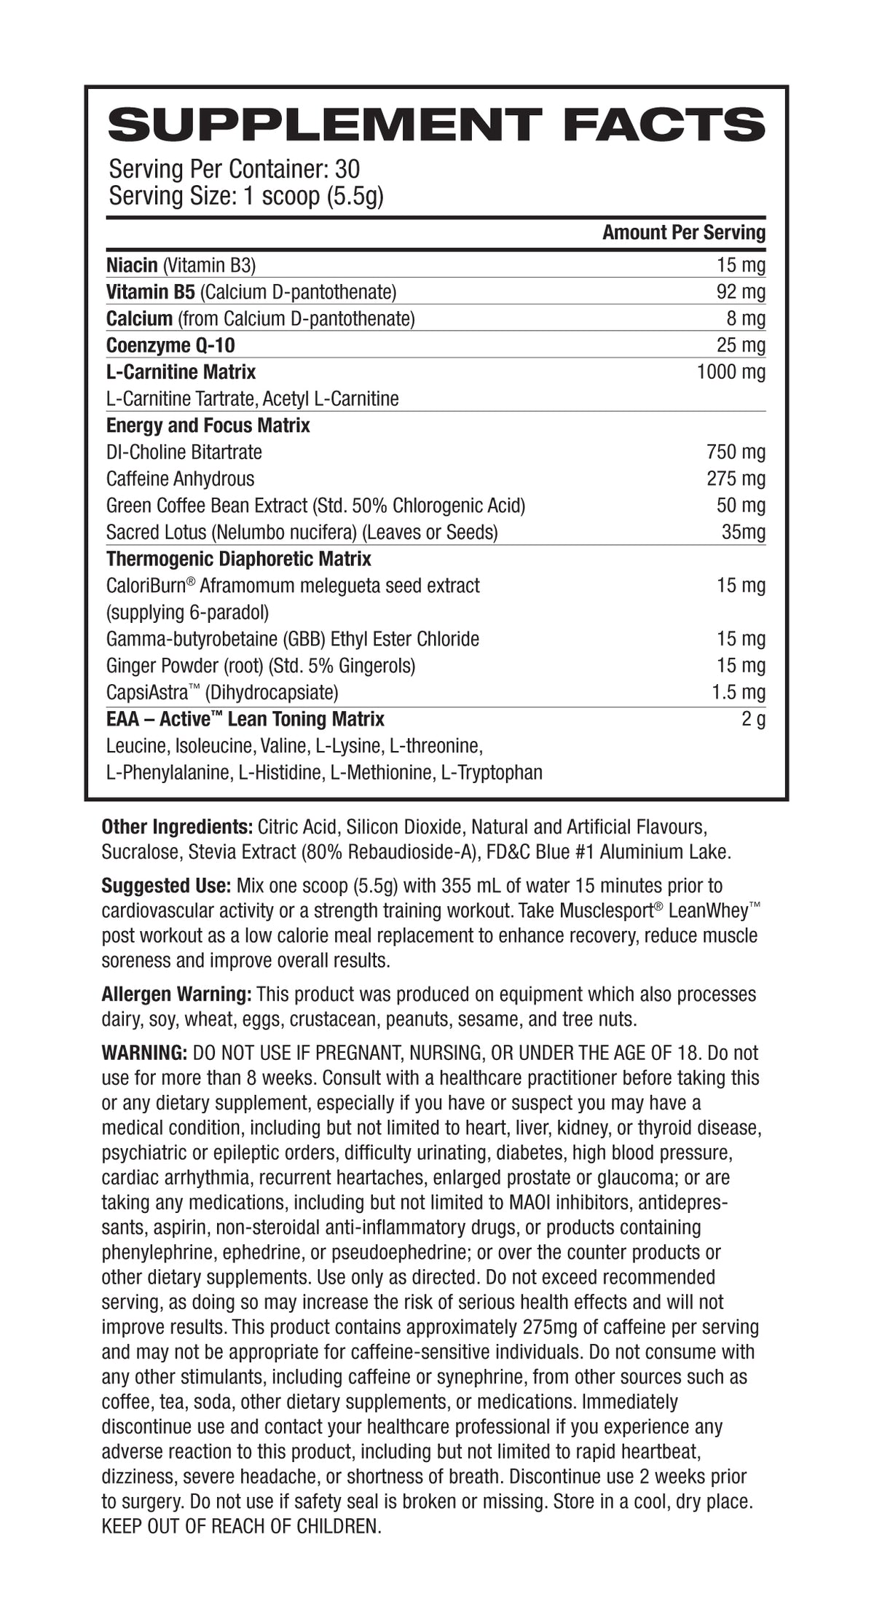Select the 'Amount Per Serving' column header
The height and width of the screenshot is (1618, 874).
(684, 233)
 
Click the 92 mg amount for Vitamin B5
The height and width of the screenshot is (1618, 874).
(741, 292)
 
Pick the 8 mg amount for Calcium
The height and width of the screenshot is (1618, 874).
(747, 319)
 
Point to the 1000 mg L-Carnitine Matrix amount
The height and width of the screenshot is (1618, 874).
(731, 372)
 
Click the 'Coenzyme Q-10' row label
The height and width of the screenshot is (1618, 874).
(170, 345)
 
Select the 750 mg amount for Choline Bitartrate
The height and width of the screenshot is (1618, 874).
(736, 452)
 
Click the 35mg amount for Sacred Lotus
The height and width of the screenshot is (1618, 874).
(743, 533)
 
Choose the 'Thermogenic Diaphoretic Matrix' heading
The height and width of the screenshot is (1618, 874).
(238, 559)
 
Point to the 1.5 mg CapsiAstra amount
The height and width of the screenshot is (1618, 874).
(739, 693)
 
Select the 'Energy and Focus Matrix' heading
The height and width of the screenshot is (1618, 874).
(208, 425)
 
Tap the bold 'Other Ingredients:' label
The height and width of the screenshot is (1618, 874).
(177, 828)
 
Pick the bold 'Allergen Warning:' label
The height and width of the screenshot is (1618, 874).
(177, 994)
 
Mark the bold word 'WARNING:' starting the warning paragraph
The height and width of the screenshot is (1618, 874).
(145, 1053)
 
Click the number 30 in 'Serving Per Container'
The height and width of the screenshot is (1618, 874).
(347, 170)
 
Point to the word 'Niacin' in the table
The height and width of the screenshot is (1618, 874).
(132, 265)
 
